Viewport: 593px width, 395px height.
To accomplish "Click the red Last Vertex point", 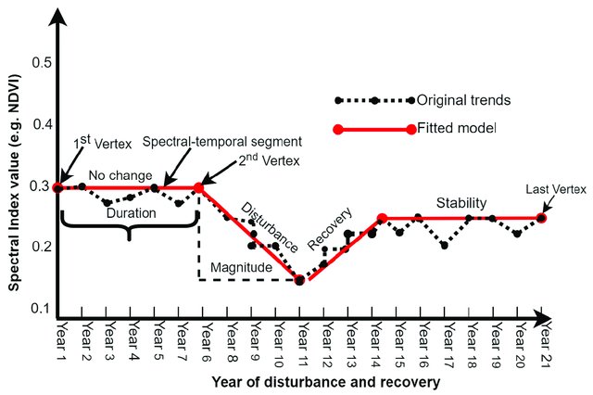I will click(542, 218).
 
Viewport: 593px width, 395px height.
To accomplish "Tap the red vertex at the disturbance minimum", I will click(299, 280).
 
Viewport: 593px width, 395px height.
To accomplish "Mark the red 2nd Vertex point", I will click(198, 188).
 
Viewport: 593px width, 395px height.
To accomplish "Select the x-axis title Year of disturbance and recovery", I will click(323, 380).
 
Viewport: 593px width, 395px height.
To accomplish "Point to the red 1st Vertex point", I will click(58, 187).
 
